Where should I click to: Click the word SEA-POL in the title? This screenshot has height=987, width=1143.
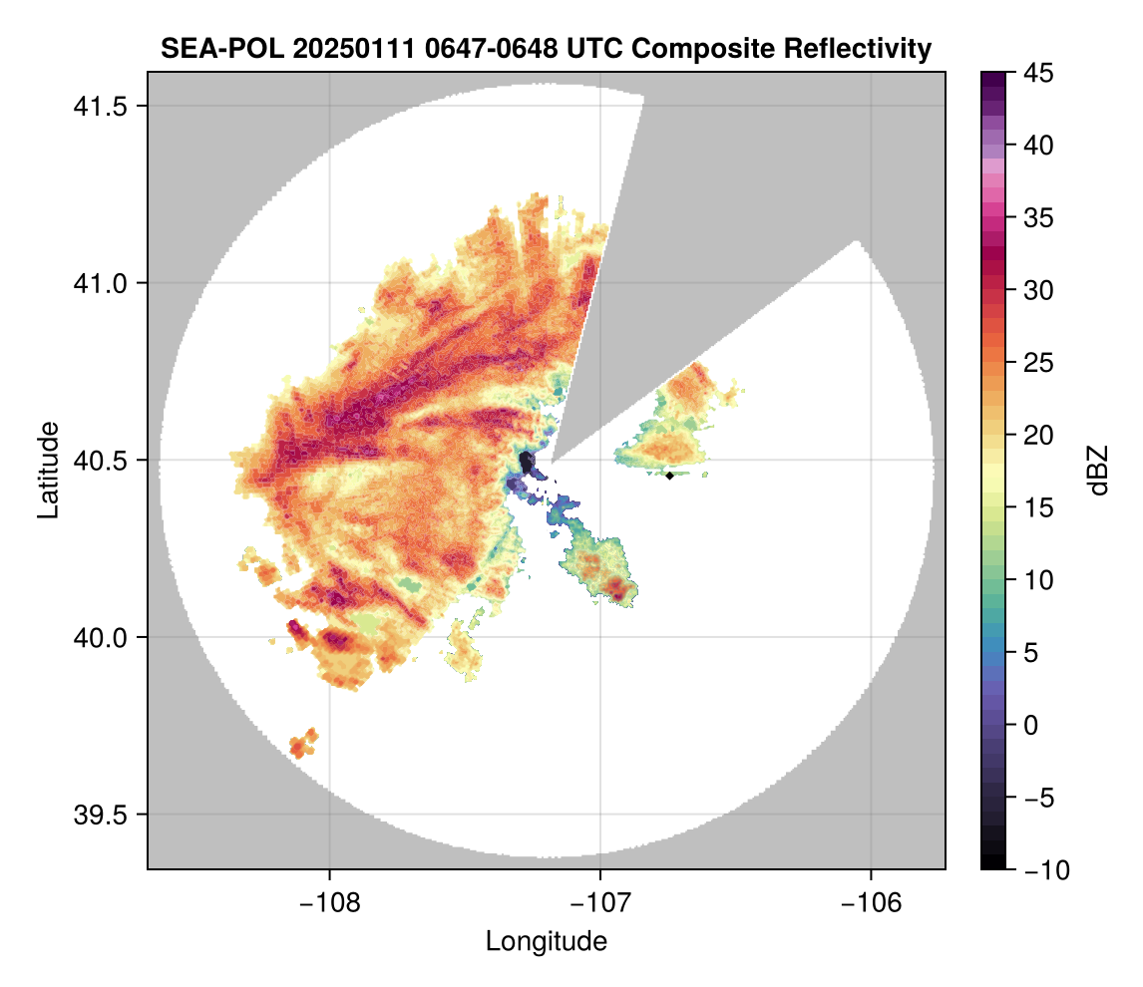211,48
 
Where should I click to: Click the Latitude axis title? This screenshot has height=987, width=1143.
47,470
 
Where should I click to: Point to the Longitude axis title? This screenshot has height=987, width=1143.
547,941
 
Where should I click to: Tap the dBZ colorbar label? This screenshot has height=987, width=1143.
1098,470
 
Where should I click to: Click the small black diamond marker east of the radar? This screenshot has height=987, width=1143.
670,476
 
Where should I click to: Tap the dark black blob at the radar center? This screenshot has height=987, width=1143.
527,462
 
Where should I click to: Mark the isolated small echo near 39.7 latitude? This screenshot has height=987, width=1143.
302,743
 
